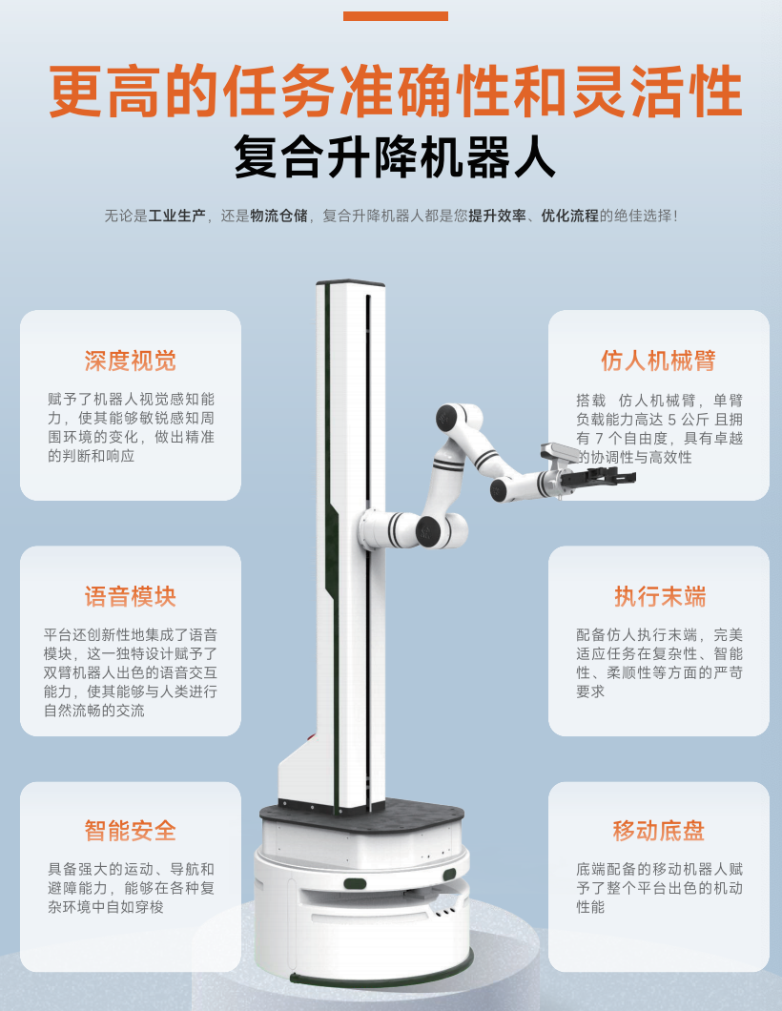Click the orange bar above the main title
[395, 16]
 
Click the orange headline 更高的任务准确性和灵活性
[395, 93]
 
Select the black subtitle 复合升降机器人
[395, 158]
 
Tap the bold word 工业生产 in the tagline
[176, 216]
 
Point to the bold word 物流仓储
[278, 216]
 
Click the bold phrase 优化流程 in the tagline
[569, 216]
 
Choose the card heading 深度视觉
[130, 361]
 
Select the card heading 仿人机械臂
[658, 361]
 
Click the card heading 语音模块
[130, 597]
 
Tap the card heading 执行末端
[658, 597]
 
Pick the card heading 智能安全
[130, 831]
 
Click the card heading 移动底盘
[658, 831]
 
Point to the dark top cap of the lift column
[350, 283]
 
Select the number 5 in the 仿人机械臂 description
[672, 419]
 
